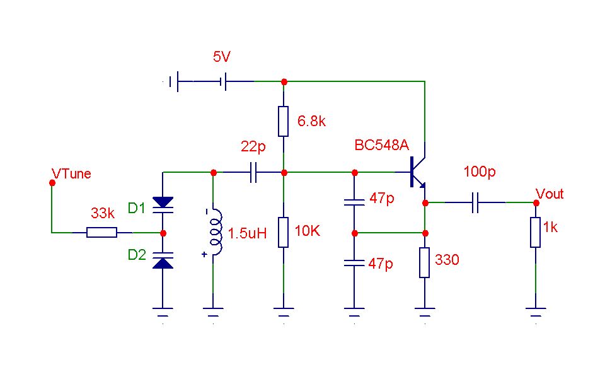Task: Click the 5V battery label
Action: tap(221, 57)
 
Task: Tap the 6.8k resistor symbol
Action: tap(283, 121)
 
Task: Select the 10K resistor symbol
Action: tap(283, 232)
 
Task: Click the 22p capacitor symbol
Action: tap(253, 173)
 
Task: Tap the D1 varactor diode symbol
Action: tap(163, 205)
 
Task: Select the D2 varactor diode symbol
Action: tap(163, 260)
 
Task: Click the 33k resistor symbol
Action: tap(102, 232)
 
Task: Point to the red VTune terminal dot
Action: tap(52, 182)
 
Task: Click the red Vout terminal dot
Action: tap(536, 203)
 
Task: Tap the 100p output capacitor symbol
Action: tap(475, 202)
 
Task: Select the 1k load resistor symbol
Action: tap(536, 232)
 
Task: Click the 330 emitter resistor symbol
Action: tap(424, 262)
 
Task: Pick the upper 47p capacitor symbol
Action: tap(354, 202)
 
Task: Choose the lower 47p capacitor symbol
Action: tap(354, 263)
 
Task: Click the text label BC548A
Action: tap(382, 145)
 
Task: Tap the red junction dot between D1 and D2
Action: tap(163, 233)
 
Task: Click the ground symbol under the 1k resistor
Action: tap(536, 312)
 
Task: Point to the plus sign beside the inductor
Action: tap(204, 254)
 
